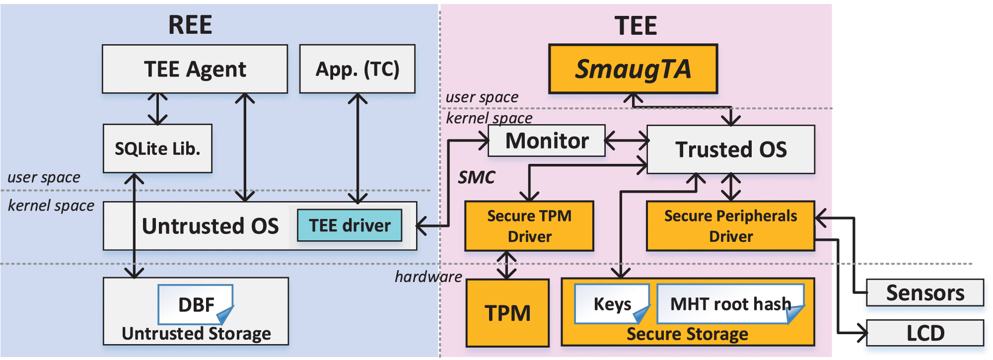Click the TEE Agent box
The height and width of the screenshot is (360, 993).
pos(195,69)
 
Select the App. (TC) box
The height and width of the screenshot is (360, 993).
pos(357,69)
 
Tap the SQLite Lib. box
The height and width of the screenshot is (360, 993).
pos(157,148)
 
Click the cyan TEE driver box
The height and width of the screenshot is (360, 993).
pos(350,225)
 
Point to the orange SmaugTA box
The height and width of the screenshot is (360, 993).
pos(633,69)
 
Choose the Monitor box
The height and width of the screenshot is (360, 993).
pos(547,141)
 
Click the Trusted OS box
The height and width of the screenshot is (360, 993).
pos(730,149)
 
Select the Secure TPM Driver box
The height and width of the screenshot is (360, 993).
pos(529,226)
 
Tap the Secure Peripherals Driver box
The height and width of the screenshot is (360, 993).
pos(730,226)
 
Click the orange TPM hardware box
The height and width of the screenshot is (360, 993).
pos(507,313)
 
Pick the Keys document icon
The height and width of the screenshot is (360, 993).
pos(612,303)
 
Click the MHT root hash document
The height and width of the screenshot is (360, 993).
pos(730,303)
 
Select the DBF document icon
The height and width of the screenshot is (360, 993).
pos(196,304)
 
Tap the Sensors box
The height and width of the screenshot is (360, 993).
pos(924,292)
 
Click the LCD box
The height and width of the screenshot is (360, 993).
pos(924,333)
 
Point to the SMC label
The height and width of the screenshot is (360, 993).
pos(476,177)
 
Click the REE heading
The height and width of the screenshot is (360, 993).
pos(190,25)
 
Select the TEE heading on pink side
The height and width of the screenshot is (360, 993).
pos(636,26)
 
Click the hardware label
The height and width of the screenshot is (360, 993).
pos(428,277)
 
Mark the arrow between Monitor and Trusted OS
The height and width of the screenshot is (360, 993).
pos(626,141)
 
